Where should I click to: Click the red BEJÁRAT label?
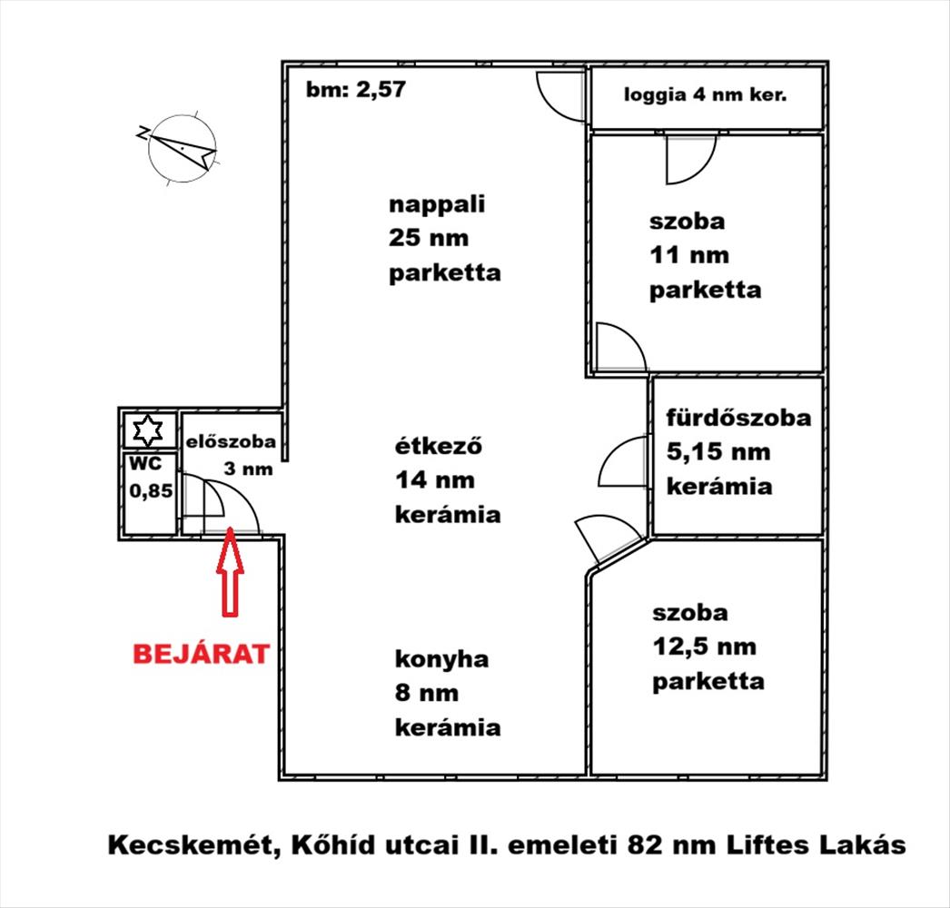point(202,654)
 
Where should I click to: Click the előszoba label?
point(231,444)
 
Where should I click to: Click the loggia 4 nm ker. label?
point(705,94)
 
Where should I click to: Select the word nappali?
point(437,204)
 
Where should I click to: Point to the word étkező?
point(437,446)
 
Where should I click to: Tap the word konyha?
point(440,659)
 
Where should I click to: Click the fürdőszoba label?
point(737,419)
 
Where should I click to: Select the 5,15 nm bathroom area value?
point(717,452)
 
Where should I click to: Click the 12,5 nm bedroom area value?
point(704,647)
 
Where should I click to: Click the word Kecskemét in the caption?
point(193,845)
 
